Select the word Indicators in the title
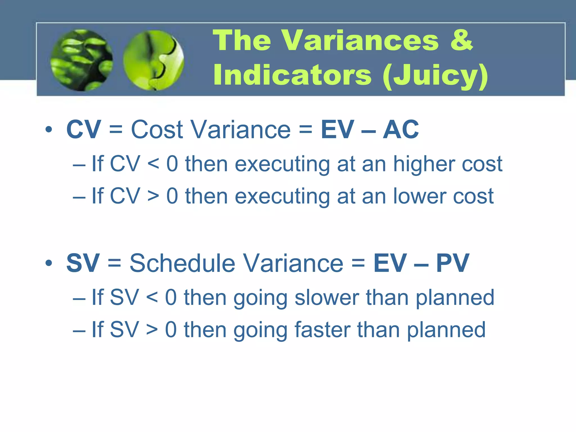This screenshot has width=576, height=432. tap(292, 75)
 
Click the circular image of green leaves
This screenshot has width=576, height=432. tap(82, 60)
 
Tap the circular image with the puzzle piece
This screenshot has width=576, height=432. tap(154, 60)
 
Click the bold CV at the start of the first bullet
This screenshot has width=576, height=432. tap(84, 130)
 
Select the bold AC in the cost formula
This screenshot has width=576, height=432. tap(400, 130)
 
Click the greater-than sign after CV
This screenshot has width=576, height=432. tap(153, 196)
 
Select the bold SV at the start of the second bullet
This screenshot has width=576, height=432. tap(83, 263)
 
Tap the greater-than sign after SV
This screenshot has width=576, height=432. tap(152, 330)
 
